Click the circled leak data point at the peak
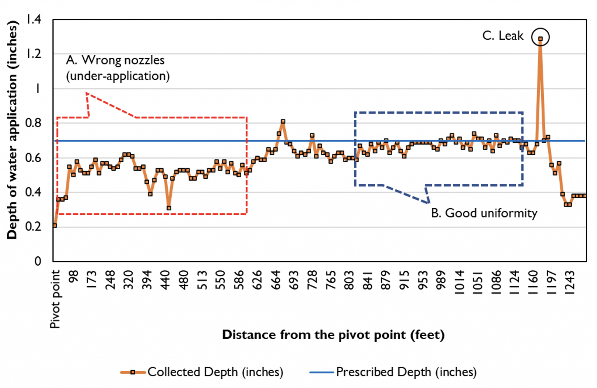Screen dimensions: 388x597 [x=540, y=38]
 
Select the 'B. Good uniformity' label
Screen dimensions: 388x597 [x=484, y=213]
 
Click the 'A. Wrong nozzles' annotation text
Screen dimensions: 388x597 [x=115, y=60]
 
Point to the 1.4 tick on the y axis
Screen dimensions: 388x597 [x=34, y=20]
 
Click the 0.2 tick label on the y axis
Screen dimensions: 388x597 [x=33, y=227]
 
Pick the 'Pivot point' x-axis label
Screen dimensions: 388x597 [x=55, y=299]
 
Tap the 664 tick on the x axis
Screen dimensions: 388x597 [x=276, y=280]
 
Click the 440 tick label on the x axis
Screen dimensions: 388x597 [x=165, y=280]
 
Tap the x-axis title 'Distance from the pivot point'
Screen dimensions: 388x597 [x=333, y=335]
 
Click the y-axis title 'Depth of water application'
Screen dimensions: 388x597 [x=12, y=130]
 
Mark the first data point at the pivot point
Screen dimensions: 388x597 [x=55, y=225]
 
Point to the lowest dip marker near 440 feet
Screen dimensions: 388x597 [x=169, y=208]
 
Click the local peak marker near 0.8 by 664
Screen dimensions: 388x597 [x=283, y=121]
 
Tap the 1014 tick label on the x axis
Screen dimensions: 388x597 [x=460, y=282]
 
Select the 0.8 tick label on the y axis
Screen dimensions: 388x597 [x=33, y=123]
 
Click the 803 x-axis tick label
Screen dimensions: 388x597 [x=349, y=280]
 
